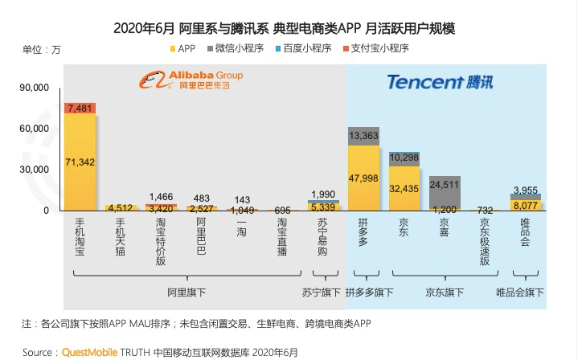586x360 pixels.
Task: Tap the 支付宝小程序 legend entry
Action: click(x=376, y=49)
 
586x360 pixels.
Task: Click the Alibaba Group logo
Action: click(x=190, y=80)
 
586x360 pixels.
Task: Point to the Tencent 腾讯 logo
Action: click(x=439, y=81)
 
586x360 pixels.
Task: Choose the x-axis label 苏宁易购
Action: click(x=322, y=237)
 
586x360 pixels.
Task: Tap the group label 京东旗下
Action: click(x=445, y=292)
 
